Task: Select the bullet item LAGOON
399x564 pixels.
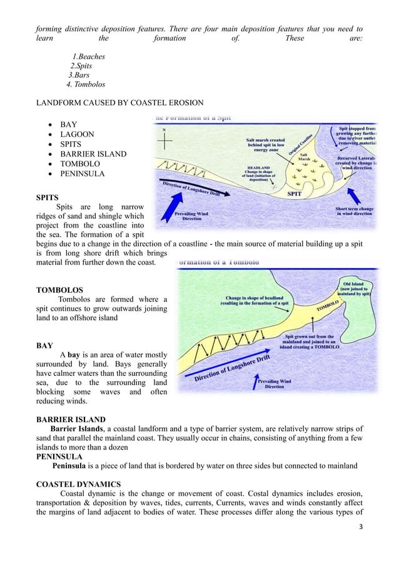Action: pos(77,134)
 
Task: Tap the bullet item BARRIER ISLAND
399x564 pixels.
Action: pos(93,154)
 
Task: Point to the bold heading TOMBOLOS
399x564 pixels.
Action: pos(59,291)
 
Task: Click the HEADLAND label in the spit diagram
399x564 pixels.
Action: pos(258,168)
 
